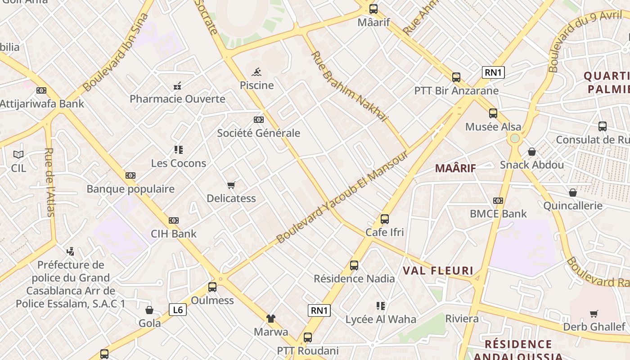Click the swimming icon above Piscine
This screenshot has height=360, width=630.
[x=257, y=72]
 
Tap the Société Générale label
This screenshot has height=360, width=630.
[x=258, y=133]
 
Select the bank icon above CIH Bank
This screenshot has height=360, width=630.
[x=174, y=220]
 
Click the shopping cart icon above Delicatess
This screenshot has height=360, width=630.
[x=231, y=185]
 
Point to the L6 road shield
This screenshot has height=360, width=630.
[x=178, y=310]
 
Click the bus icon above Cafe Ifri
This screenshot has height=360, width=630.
[x=385, y=219]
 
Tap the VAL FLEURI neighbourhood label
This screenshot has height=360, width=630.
[x=438, y=270]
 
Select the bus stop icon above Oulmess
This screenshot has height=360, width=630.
[x=212, y=287]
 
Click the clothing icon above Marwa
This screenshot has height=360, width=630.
[x=271, y=319]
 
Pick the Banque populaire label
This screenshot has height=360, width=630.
[x=130, y=189]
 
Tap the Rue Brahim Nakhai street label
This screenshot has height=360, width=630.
[x=350, y=86]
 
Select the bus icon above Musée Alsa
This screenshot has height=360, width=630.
[x=493, y=113]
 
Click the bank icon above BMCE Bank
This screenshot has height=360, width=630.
[x=498, y=201]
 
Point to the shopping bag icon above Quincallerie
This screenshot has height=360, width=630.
[x=573, y=193]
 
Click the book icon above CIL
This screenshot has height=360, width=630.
[x=18, y=155]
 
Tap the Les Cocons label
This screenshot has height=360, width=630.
[x=179, y=163]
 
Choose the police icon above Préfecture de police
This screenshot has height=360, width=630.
[x=70, y=251]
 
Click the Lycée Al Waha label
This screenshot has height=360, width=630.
[x=381, y=319]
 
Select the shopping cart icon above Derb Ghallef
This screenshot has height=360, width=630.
[x=594, y=314]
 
